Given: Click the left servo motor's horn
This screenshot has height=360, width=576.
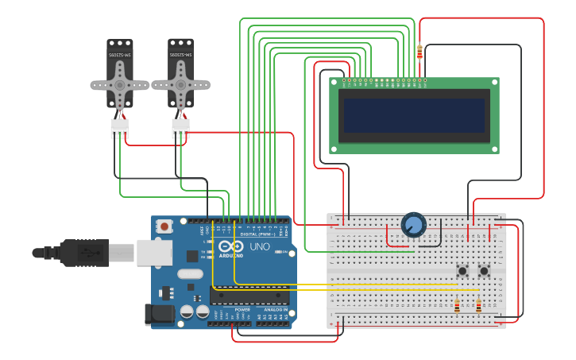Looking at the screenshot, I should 120,84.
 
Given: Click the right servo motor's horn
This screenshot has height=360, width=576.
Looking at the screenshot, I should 181,84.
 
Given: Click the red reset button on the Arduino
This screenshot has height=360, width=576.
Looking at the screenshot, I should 164,226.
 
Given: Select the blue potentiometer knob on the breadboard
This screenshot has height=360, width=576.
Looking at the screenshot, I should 413,225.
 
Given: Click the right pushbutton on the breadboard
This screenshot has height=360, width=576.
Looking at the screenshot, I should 484,272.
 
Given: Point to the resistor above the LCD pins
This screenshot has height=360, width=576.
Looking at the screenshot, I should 419,52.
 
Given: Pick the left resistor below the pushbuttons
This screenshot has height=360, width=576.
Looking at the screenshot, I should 456,305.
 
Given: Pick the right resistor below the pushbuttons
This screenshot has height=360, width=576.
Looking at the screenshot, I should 478,305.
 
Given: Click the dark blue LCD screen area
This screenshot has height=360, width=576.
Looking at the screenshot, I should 414,115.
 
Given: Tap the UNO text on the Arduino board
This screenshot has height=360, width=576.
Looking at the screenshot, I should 260,247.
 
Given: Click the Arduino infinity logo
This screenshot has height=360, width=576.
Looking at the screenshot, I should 231,246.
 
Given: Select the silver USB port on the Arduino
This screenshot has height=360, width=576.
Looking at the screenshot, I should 154,252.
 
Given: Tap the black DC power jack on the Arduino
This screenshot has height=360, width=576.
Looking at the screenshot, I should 160,315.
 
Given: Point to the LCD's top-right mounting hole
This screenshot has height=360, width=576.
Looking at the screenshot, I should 494,82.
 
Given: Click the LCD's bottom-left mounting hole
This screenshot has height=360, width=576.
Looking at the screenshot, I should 334,149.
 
